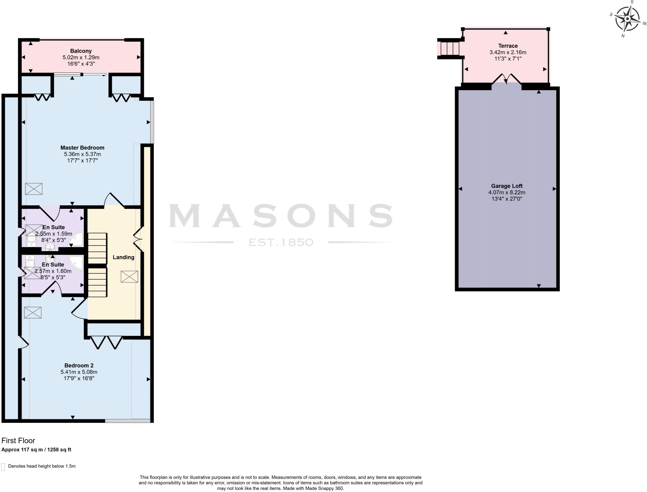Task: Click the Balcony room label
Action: (81, 51)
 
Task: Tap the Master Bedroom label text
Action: (82, 148)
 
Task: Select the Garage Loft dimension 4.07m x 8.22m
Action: (507, 192)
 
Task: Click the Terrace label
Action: (508, 46)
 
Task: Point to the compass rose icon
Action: (627, 19)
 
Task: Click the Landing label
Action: (124, 257)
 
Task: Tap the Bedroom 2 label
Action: (79, 365)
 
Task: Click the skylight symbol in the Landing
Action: (129, 276)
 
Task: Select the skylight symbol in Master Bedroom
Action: (33, 189)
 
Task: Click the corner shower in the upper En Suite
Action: (77, 239)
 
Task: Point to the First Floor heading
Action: (18, 440)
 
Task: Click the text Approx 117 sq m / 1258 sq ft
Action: (36, 450)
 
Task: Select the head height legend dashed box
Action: (3, 467)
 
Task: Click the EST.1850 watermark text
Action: (281, 242)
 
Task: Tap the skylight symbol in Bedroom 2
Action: (33, 313)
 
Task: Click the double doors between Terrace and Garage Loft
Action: (506, 79)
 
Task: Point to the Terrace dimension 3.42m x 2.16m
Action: (508, 52)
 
